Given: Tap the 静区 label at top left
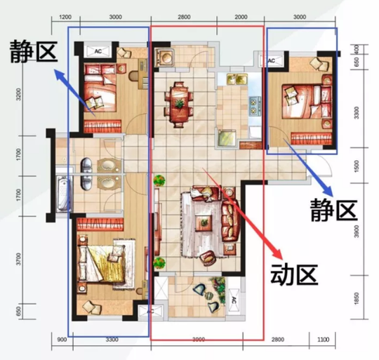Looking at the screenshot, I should point(31,51).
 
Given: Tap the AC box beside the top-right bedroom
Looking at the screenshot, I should point(273,62).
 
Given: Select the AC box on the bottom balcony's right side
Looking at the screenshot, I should point(234,298).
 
